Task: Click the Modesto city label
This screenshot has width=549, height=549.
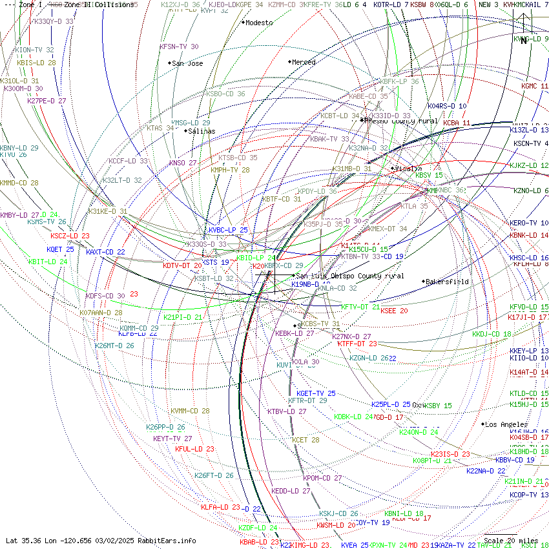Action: [260, 23]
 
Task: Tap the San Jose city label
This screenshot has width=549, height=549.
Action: [187, 63]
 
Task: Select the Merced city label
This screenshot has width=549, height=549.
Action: [304, 62]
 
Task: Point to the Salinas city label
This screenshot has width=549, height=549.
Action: [202, 131]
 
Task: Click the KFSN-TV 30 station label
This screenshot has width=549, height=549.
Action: [179, 47]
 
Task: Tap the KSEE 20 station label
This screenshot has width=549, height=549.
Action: [394, 311]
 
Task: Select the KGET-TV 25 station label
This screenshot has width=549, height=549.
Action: [316, 393]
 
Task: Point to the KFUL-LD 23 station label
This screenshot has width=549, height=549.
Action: [194, 449]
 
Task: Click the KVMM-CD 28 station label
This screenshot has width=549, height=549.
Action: [190, 411]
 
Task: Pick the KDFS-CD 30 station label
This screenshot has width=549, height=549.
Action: [105, 296]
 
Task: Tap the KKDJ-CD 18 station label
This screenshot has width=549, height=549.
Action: [492, 334]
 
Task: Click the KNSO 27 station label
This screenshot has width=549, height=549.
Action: [183, 163]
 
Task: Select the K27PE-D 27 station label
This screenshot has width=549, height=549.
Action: [47, 101]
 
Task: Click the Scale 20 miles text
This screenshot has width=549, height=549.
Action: [510, 541]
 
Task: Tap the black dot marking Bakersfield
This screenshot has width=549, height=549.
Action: [424, 282]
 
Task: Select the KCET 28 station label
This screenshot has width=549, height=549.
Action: [306, 440]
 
